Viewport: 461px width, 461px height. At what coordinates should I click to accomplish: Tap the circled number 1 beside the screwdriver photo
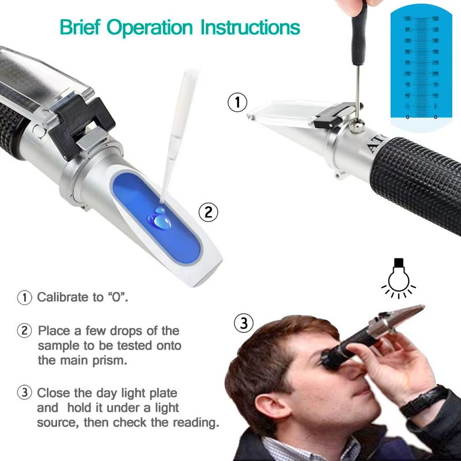237,103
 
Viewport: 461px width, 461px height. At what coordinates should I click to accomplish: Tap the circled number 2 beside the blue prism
209,212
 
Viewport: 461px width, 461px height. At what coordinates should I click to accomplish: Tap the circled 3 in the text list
24,393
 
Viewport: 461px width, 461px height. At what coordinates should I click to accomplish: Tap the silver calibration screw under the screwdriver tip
358,121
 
